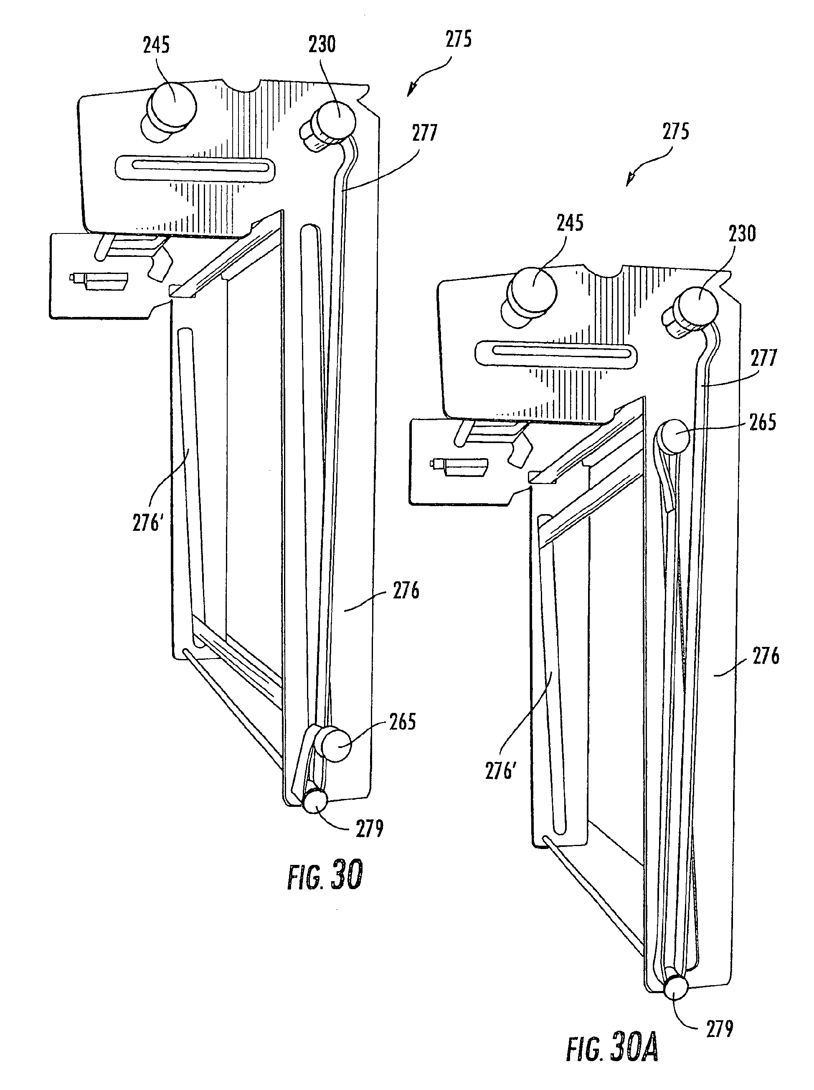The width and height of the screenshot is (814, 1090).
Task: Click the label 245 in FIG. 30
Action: (x=156, y=46)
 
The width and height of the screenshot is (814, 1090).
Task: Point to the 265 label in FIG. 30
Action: (x=403, y=722)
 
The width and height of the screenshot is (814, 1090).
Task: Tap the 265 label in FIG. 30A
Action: (x=762, y=423)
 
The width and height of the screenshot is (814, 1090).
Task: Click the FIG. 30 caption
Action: (x=325, y=875)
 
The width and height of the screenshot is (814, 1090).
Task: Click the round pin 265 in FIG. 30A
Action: (x=674, y=436)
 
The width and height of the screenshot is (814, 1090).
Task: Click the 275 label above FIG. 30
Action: (x=458, y=39)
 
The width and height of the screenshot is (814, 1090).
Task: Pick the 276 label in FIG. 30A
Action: (x=765, y=657)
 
